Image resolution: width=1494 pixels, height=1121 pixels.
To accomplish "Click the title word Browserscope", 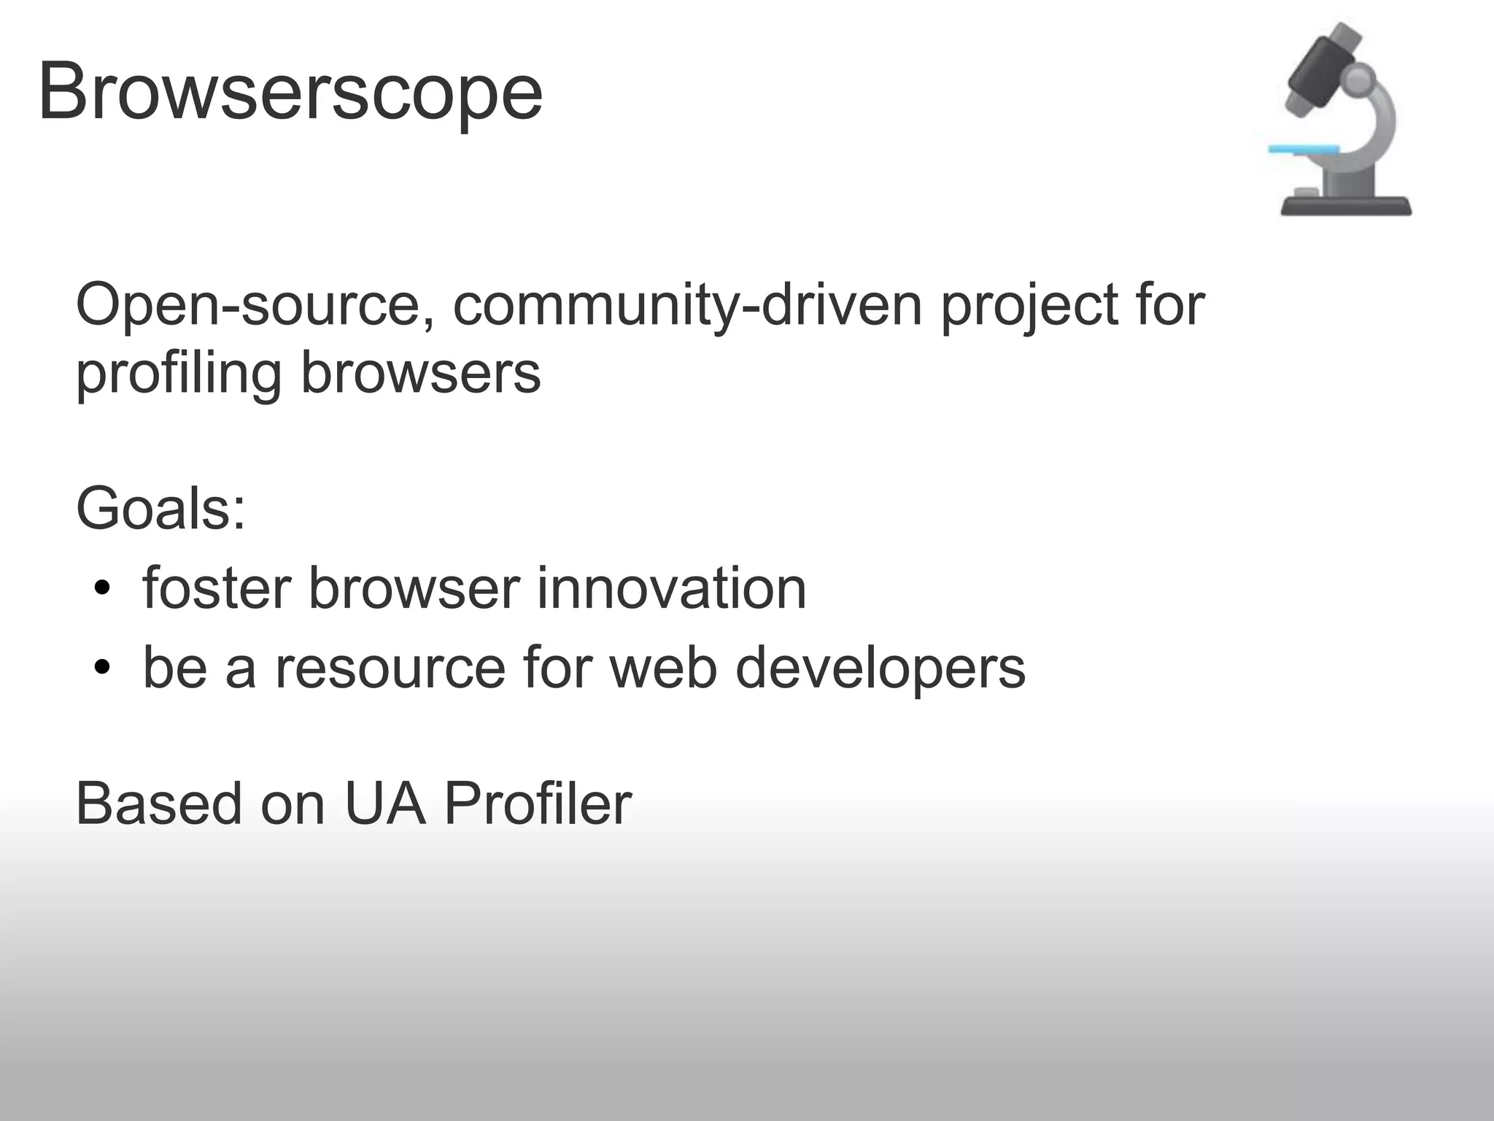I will click(x=290, y=93).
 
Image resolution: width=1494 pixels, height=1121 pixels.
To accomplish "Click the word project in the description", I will click(x=1029, y=307).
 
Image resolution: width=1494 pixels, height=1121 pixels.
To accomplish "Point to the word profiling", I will click(x=179, y=374).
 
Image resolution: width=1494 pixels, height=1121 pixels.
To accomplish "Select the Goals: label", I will click(x=160, y=509).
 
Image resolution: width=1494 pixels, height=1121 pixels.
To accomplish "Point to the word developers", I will click(x=880, y=669).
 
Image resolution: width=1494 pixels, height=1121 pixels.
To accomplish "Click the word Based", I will click(x=158, y=804).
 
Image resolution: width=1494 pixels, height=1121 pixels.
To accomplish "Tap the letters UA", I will click(x=384, y=804).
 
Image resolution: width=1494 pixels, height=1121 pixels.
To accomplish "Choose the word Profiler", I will click(x=537, y=804).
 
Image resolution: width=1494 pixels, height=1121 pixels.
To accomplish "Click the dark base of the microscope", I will click(x=1346, y=207).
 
